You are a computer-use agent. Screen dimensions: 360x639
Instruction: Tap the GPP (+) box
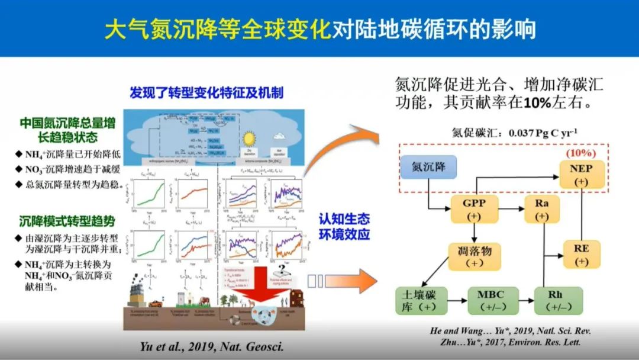473,210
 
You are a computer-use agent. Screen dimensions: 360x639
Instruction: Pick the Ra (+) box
542,210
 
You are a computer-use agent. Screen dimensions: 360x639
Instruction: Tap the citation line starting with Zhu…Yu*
510,342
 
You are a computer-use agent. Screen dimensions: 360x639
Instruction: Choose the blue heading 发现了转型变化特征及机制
206,93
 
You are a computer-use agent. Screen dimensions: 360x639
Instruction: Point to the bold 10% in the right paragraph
538,102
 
